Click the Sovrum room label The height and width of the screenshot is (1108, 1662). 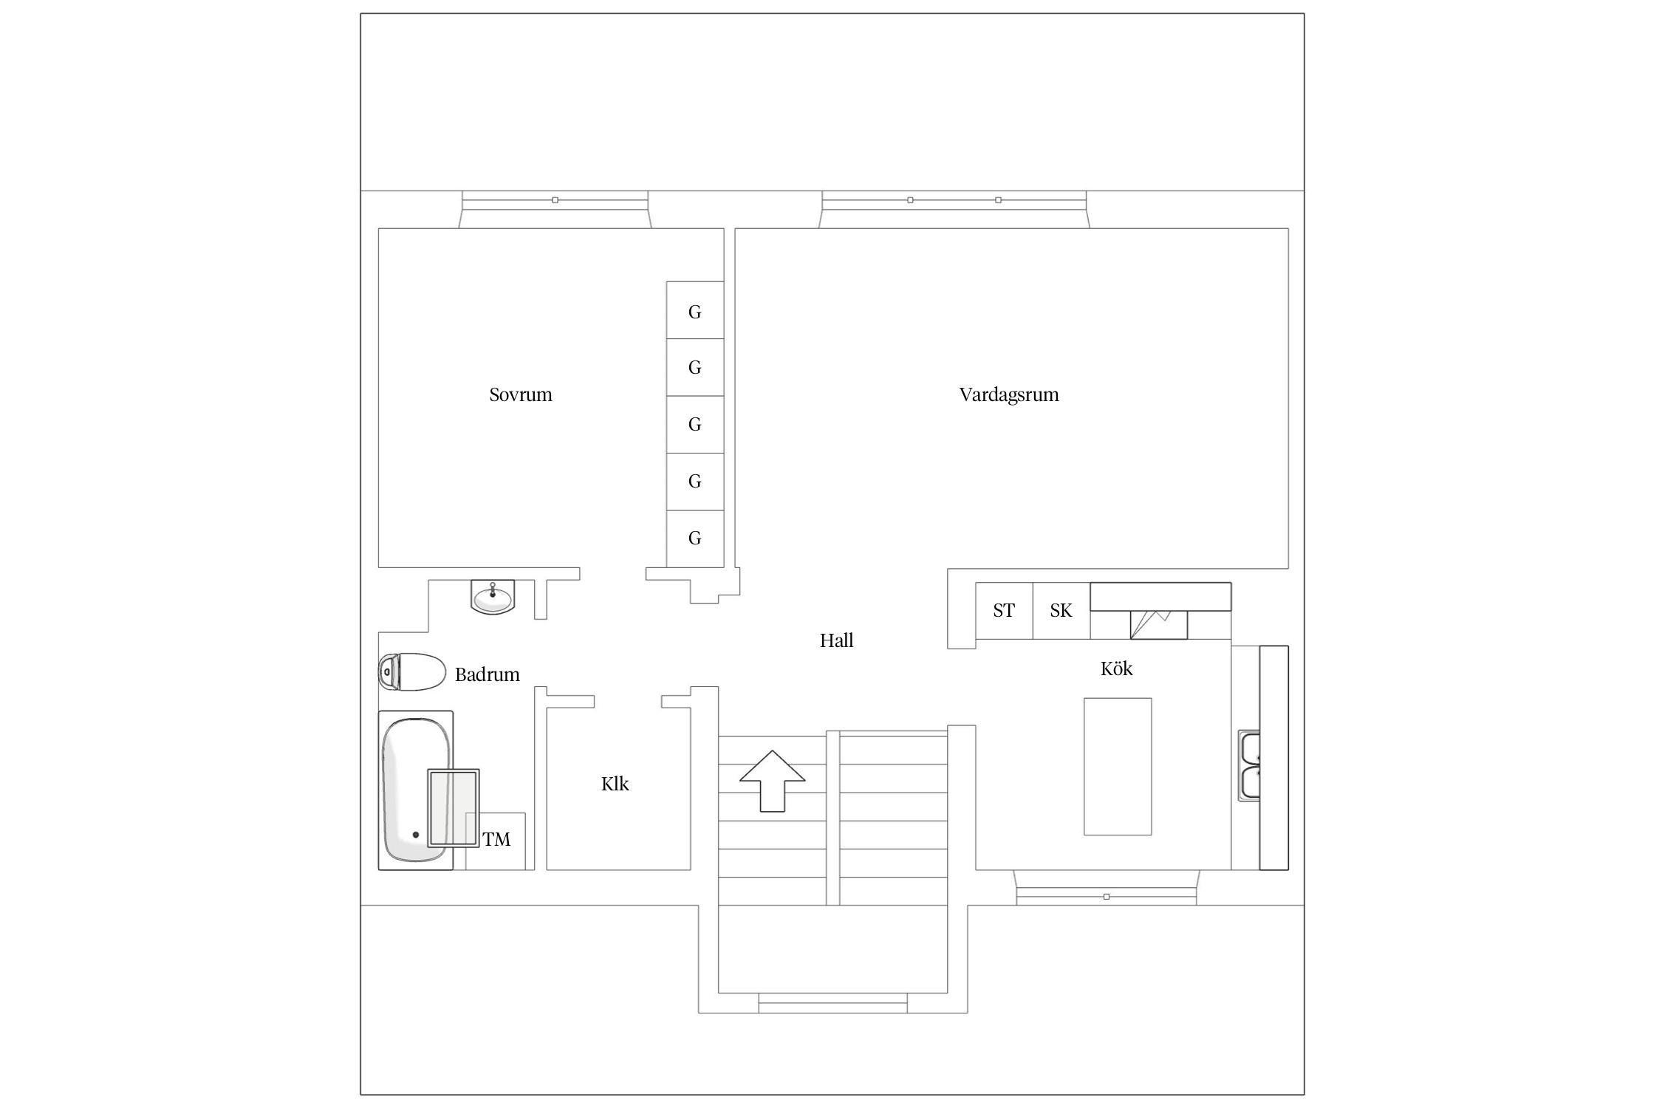click(520, 394)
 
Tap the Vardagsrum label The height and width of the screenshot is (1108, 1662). click(1008, 394)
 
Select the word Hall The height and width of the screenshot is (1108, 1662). click(835, 640)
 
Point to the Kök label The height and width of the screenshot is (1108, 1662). click(1115, 668)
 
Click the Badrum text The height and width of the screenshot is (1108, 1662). click(487, 674)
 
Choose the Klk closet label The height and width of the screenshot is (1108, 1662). click(615, 784)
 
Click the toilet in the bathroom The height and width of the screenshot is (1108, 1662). click(411, 672)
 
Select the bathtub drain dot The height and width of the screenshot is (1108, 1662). click(416, 835)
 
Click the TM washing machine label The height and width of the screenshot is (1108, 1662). click(496, 839)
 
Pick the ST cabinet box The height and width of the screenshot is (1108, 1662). click(1003, 611)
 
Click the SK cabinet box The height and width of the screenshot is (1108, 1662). click(1061, 611)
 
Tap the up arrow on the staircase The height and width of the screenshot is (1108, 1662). click(772, 780)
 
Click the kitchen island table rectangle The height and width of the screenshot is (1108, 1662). click(1117, 766)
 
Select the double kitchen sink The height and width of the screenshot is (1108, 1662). click(1249, 765)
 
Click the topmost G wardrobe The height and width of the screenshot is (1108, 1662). click(694, 311)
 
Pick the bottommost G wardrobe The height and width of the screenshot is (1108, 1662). click(694, 538)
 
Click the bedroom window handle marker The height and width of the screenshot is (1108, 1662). click(555, 200)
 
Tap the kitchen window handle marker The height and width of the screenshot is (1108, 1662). click(1106, 897)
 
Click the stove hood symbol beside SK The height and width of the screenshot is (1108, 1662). click(1157, 624)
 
